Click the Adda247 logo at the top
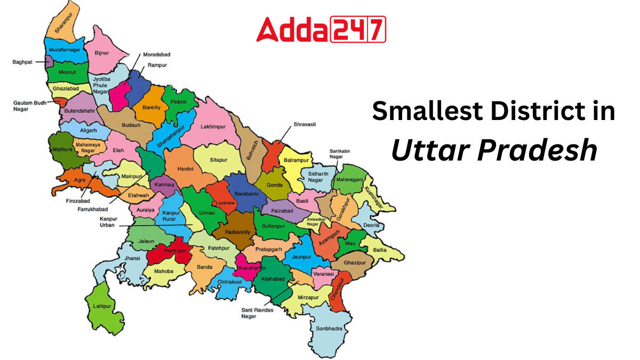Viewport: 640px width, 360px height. (x=321, y=29)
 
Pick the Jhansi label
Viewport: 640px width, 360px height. (x=132, y=259)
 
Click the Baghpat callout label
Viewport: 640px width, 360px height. (x=22, y=62)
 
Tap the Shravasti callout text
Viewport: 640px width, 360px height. (x=305, y=124)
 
